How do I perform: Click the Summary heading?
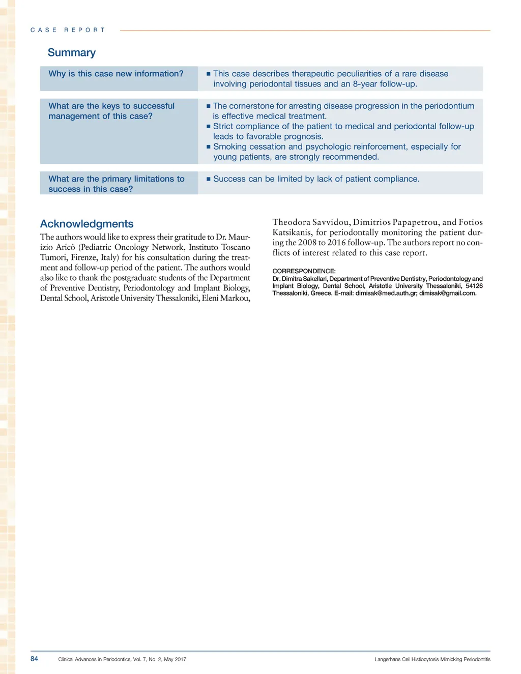[72, 53]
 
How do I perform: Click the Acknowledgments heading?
[86, 224]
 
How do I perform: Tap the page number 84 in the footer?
[34, 659]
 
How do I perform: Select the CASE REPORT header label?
[68, 31]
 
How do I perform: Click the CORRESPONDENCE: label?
[304, 271]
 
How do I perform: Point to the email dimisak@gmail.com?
[447, 293]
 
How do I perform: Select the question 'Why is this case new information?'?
[116, 74]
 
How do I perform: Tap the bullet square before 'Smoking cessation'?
[209, 147]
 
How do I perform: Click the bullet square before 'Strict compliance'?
[209, 127]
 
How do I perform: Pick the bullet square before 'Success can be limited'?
[209, 179]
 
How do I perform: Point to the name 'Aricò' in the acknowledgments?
[65, 247]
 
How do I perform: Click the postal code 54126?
[474, 286]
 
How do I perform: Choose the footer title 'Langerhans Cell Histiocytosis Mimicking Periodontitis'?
[432, 659]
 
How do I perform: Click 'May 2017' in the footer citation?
[175, 659]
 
